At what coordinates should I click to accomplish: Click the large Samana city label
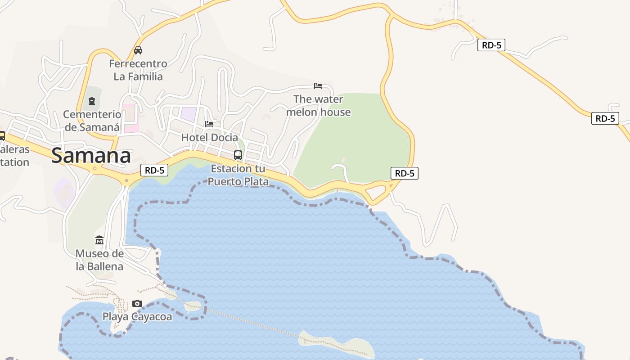coord(91,156)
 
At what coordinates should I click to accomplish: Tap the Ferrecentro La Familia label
coord(138,70)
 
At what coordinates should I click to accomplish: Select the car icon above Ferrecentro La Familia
coord(138,50)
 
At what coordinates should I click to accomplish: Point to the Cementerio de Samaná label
coord(92,121)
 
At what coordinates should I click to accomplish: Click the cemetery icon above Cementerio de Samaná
coord(92,101)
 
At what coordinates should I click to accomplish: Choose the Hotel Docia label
coord(209,137)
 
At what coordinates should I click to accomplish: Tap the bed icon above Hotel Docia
coord(209,124)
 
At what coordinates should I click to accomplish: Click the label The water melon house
coord(318,105)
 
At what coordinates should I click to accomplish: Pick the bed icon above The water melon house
coord(318,85)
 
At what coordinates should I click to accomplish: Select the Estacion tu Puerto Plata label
coord(238,175)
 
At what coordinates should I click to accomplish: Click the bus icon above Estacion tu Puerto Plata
coord(238,155)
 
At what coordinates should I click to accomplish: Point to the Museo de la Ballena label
coord(99,260)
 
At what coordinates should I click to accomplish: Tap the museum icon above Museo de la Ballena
coord(99,240)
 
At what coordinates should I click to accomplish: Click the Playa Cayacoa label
coord(137,317)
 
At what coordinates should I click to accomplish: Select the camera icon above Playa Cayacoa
coord(137,303)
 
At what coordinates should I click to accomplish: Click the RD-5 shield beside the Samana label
coord(154,170)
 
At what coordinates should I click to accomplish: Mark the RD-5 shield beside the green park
coord(405,173)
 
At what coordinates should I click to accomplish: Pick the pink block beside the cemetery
coord(130,118)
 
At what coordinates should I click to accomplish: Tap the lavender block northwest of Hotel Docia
coord(189,114)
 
